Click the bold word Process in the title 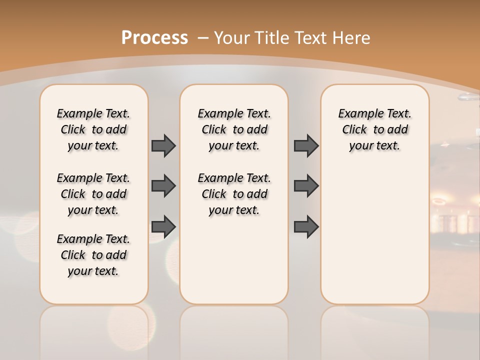(x=154, y=37)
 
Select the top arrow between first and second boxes (x=163, y=145)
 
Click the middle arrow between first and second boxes (x=163, y=186)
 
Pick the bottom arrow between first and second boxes (x=163, y=227)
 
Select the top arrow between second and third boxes (x=306, y=145)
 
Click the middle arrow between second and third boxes (x=306, y=186)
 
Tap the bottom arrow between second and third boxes (x=306, y=227)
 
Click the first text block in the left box (x=93, y=129)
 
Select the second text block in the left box (x=93, y=194)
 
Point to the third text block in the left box (x=93, y=255)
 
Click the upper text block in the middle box (x=234, y=129)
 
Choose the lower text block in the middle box (x=234, y=194)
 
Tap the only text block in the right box (x=374, y=129)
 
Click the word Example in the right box (x=356, y=114)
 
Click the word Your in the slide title (x=232, y=38)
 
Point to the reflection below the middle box (x=234, y=330)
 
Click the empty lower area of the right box (x=374, y=235)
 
